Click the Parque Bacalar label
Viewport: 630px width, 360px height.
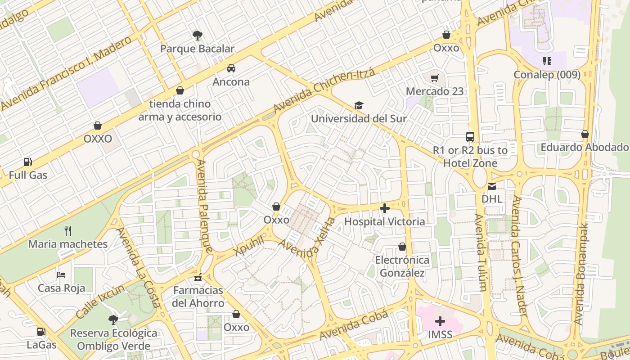point(198,49)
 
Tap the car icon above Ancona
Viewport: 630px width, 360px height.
point(231,68)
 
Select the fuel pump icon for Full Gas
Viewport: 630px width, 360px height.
point(28,162)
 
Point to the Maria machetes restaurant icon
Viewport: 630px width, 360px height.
point(68,231)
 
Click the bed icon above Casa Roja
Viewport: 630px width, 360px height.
point(62,274)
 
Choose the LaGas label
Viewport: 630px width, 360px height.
point(41,345)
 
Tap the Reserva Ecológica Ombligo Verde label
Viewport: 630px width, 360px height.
point(114,339)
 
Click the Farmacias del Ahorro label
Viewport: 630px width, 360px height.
point(198,297)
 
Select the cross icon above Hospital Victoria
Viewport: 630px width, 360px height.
point(385,208)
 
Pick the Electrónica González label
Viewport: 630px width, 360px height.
point(402,266)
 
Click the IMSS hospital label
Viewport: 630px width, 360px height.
point(440,334)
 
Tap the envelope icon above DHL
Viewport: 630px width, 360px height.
point(492,186)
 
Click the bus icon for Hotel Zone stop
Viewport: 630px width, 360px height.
point(470,137)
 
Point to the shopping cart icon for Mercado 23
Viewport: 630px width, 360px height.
point(434,78)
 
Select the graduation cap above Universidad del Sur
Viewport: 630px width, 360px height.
point(359,106)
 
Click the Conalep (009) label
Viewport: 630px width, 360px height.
point(547,75)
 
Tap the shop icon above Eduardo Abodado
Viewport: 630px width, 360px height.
point(585,134)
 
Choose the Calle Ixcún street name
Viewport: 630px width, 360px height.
point(100,301)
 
